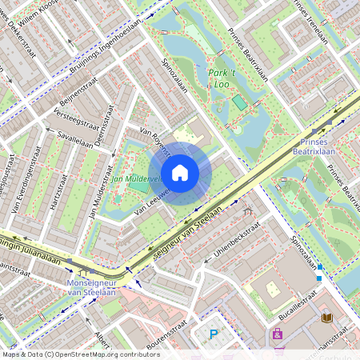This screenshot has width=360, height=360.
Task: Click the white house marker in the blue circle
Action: coord(180,171)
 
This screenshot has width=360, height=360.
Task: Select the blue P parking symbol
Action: coord(214,334)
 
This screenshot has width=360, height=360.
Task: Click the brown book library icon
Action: coord(326,318)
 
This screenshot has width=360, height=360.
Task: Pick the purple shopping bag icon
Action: coord(278,334)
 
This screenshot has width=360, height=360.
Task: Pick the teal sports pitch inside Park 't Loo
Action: coord(240,102)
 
